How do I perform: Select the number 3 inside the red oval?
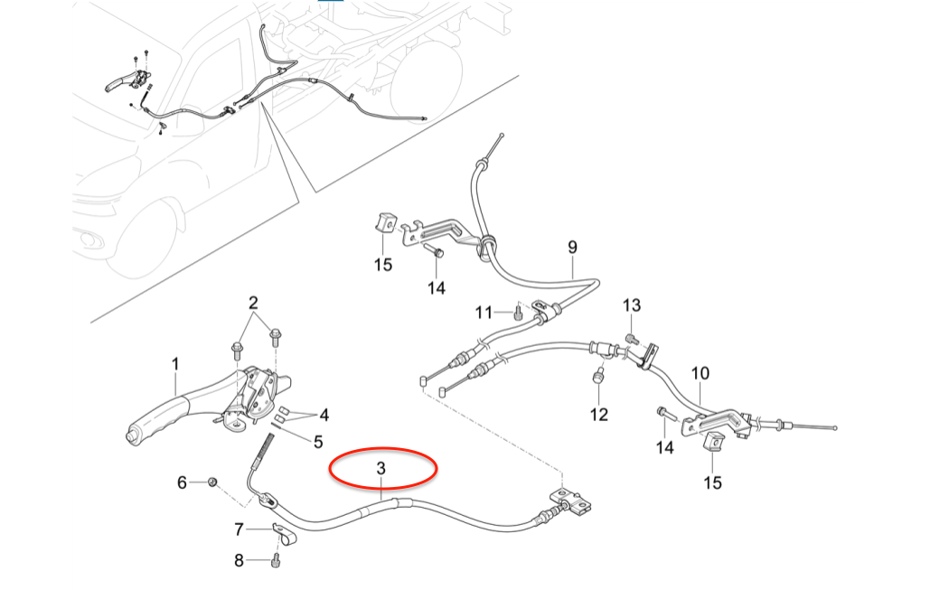click(381, 468)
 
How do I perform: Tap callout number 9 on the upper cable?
click(572, 246)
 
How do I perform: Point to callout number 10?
click(700, 372)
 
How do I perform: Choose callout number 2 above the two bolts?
click(254, 302)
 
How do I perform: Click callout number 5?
click(317, 442)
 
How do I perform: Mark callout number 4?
click(323, 416)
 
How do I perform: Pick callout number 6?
click(182, 483)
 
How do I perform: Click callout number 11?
click(484, 313)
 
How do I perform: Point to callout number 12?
click(599, 415)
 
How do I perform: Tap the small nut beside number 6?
click(212, 482)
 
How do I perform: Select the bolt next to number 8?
click(276, 561)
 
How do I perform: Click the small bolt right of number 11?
click(518, 313)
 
